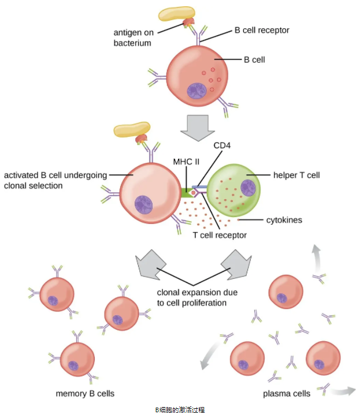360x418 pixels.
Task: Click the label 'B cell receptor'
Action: click(x=261, y=29)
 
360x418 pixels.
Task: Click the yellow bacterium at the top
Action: click(x=177, y=15)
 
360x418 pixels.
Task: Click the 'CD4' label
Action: click(x=222, y=145)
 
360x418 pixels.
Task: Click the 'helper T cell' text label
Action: click(x=296, y=174)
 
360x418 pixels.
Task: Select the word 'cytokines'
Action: click(x=284, y=220)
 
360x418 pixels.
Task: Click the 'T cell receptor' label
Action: click(x=220, y=235)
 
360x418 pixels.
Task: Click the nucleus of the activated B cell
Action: click(x=144, y=204)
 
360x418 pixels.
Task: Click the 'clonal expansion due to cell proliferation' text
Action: click(x=197, y=297)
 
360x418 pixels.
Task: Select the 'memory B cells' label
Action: click(x=85, y=394)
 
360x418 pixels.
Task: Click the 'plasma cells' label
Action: click(x=287, y=394)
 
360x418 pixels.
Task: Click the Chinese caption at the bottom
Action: click(x=180, y=409)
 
